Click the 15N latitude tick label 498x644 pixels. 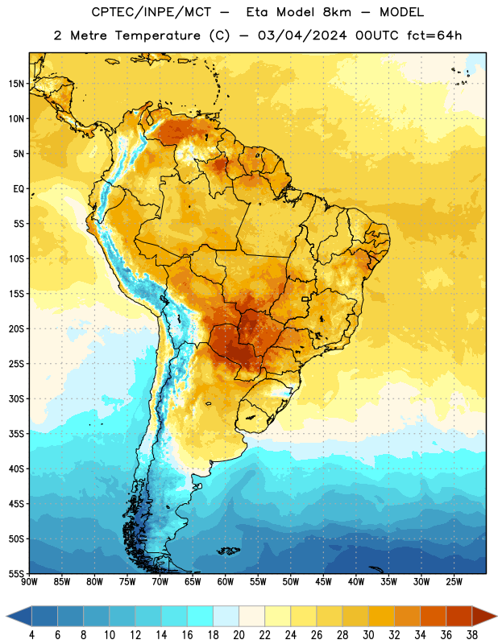16,84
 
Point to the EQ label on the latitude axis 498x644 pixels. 19,189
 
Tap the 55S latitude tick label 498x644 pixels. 16,573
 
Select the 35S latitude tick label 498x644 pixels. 16,434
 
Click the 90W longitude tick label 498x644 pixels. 30,581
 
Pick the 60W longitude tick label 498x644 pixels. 226,581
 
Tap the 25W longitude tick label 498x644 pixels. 454,581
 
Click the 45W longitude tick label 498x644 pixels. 323,581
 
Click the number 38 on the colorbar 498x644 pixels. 472,635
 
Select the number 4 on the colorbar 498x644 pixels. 31,635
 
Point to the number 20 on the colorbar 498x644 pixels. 239,635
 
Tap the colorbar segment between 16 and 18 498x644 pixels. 201,616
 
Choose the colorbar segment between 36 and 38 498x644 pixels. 459,616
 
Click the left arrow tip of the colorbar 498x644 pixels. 6,616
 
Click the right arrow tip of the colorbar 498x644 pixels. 496,616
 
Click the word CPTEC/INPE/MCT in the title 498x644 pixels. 151,12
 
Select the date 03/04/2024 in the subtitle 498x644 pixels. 302,35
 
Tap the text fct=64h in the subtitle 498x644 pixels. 434,35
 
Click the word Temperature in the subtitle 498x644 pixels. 157,35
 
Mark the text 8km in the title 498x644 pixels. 337,12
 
